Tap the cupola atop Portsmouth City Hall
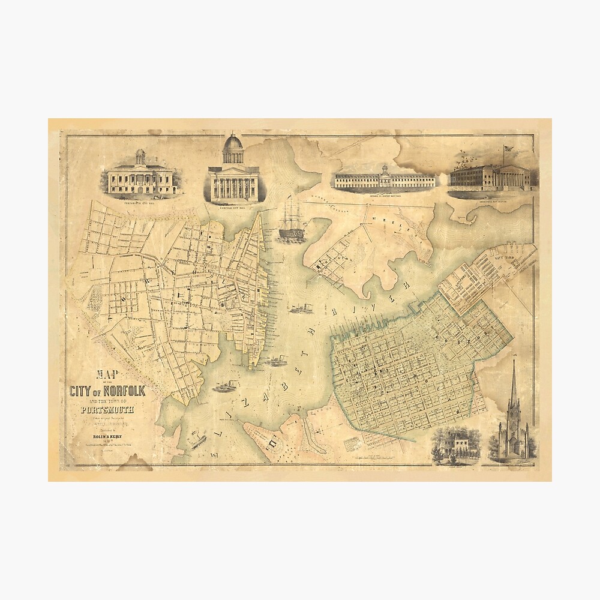(x=140, y=156)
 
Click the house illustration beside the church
(x=454, y=444)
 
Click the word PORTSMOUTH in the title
(x=108, y=410)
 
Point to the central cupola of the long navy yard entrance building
(x=385, y=169)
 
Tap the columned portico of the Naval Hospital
(x=517, y=176)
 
